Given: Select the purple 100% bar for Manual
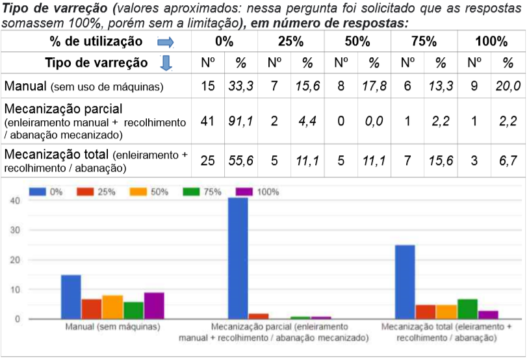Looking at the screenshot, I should pyautogui.click(x=154, y=305).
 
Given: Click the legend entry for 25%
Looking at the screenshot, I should pyautogui.click(x=95, y=192).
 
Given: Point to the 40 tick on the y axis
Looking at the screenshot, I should pyautogui.click(x=14, y=201).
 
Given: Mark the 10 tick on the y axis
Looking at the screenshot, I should pyautogui.click(x=14, y=289).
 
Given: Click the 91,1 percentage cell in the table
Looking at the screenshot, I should pyautogui.click(x=240, y=120).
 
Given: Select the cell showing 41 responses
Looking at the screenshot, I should pyautogui.click(x=208, y=120).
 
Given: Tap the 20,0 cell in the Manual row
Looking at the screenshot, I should pyautogui.click(x=508, y=86).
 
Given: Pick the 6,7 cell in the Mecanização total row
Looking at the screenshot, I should pyautogui.click(x=508, y=161).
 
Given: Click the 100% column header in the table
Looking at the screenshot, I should pyautogui.click(x=491, y=42).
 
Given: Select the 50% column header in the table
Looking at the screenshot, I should pyautogui.click(x=357, y=42).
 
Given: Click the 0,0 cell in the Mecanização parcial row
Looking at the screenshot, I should pyautogui.click(x=374, y=120).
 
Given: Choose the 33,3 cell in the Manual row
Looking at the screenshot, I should pyautogui.click(x=240, y=86).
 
